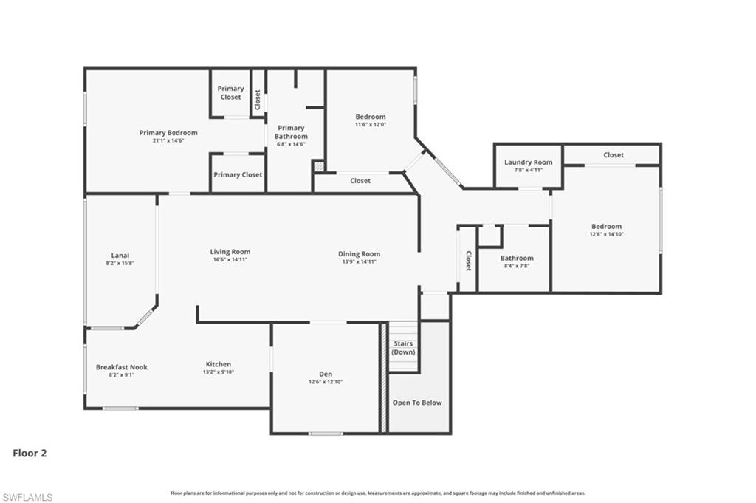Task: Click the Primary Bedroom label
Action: tap(168, 133)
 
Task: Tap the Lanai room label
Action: tap(120, 255)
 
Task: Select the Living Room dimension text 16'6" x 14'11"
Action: tap(230, 260)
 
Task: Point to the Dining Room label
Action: tap(360, 253)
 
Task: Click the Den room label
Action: tap(326, 374)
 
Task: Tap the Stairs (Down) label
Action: tap(403, 348)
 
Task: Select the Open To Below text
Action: tap(417, 403)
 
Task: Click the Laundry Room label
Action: tap(528, 162)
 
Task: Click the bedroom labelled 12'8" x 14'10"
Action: tap(606, 227)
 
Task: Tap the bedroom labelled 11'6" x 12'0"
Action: tap(371, 117)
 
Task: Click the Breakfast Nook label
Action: tap(122, 366)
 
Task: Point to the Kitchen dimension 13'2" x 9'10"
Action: tap(219, 372)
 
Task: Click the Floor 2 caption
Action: tap(30, 453)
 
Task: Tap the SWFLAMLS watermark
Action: tap(27, 497)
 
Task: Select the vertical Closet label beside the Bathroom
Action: tap(468, 260)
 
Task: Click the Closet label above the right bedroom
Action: tap(614, 155)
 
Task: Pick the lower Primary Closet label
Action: tap(238, 175)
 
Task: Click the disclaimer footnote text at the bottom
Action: tap(378, 493)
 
